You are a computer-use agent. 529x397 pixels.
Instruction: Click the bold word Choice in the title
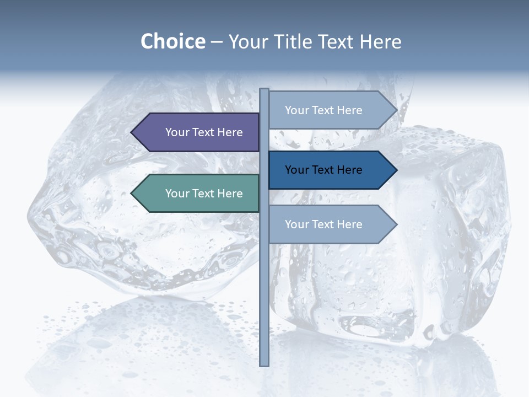point(172,41)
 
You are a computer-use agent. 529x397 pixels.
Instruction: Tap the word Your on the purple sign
point(177,132)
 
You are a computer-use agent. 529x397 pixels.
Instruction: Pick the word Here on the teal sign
point(230,194)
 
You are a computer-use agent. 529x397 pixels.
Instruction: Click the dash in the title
point(217,42)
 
